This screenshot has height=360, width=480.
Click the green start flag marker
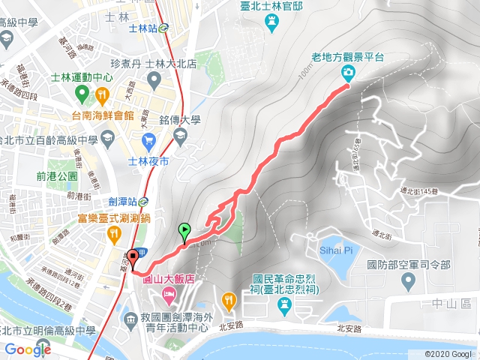pyautogui.click(x=184, y=231)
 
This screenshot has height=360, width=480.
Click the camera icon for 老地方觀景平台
pyautogui.click(x=348, y=73)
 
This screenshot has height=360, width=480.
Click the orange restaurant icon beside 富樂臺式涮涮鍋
pyautogui.click(x=112, y=234)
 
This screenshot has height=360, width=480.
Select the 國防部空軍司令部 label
pyautogui.click(x=408, y=264)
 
